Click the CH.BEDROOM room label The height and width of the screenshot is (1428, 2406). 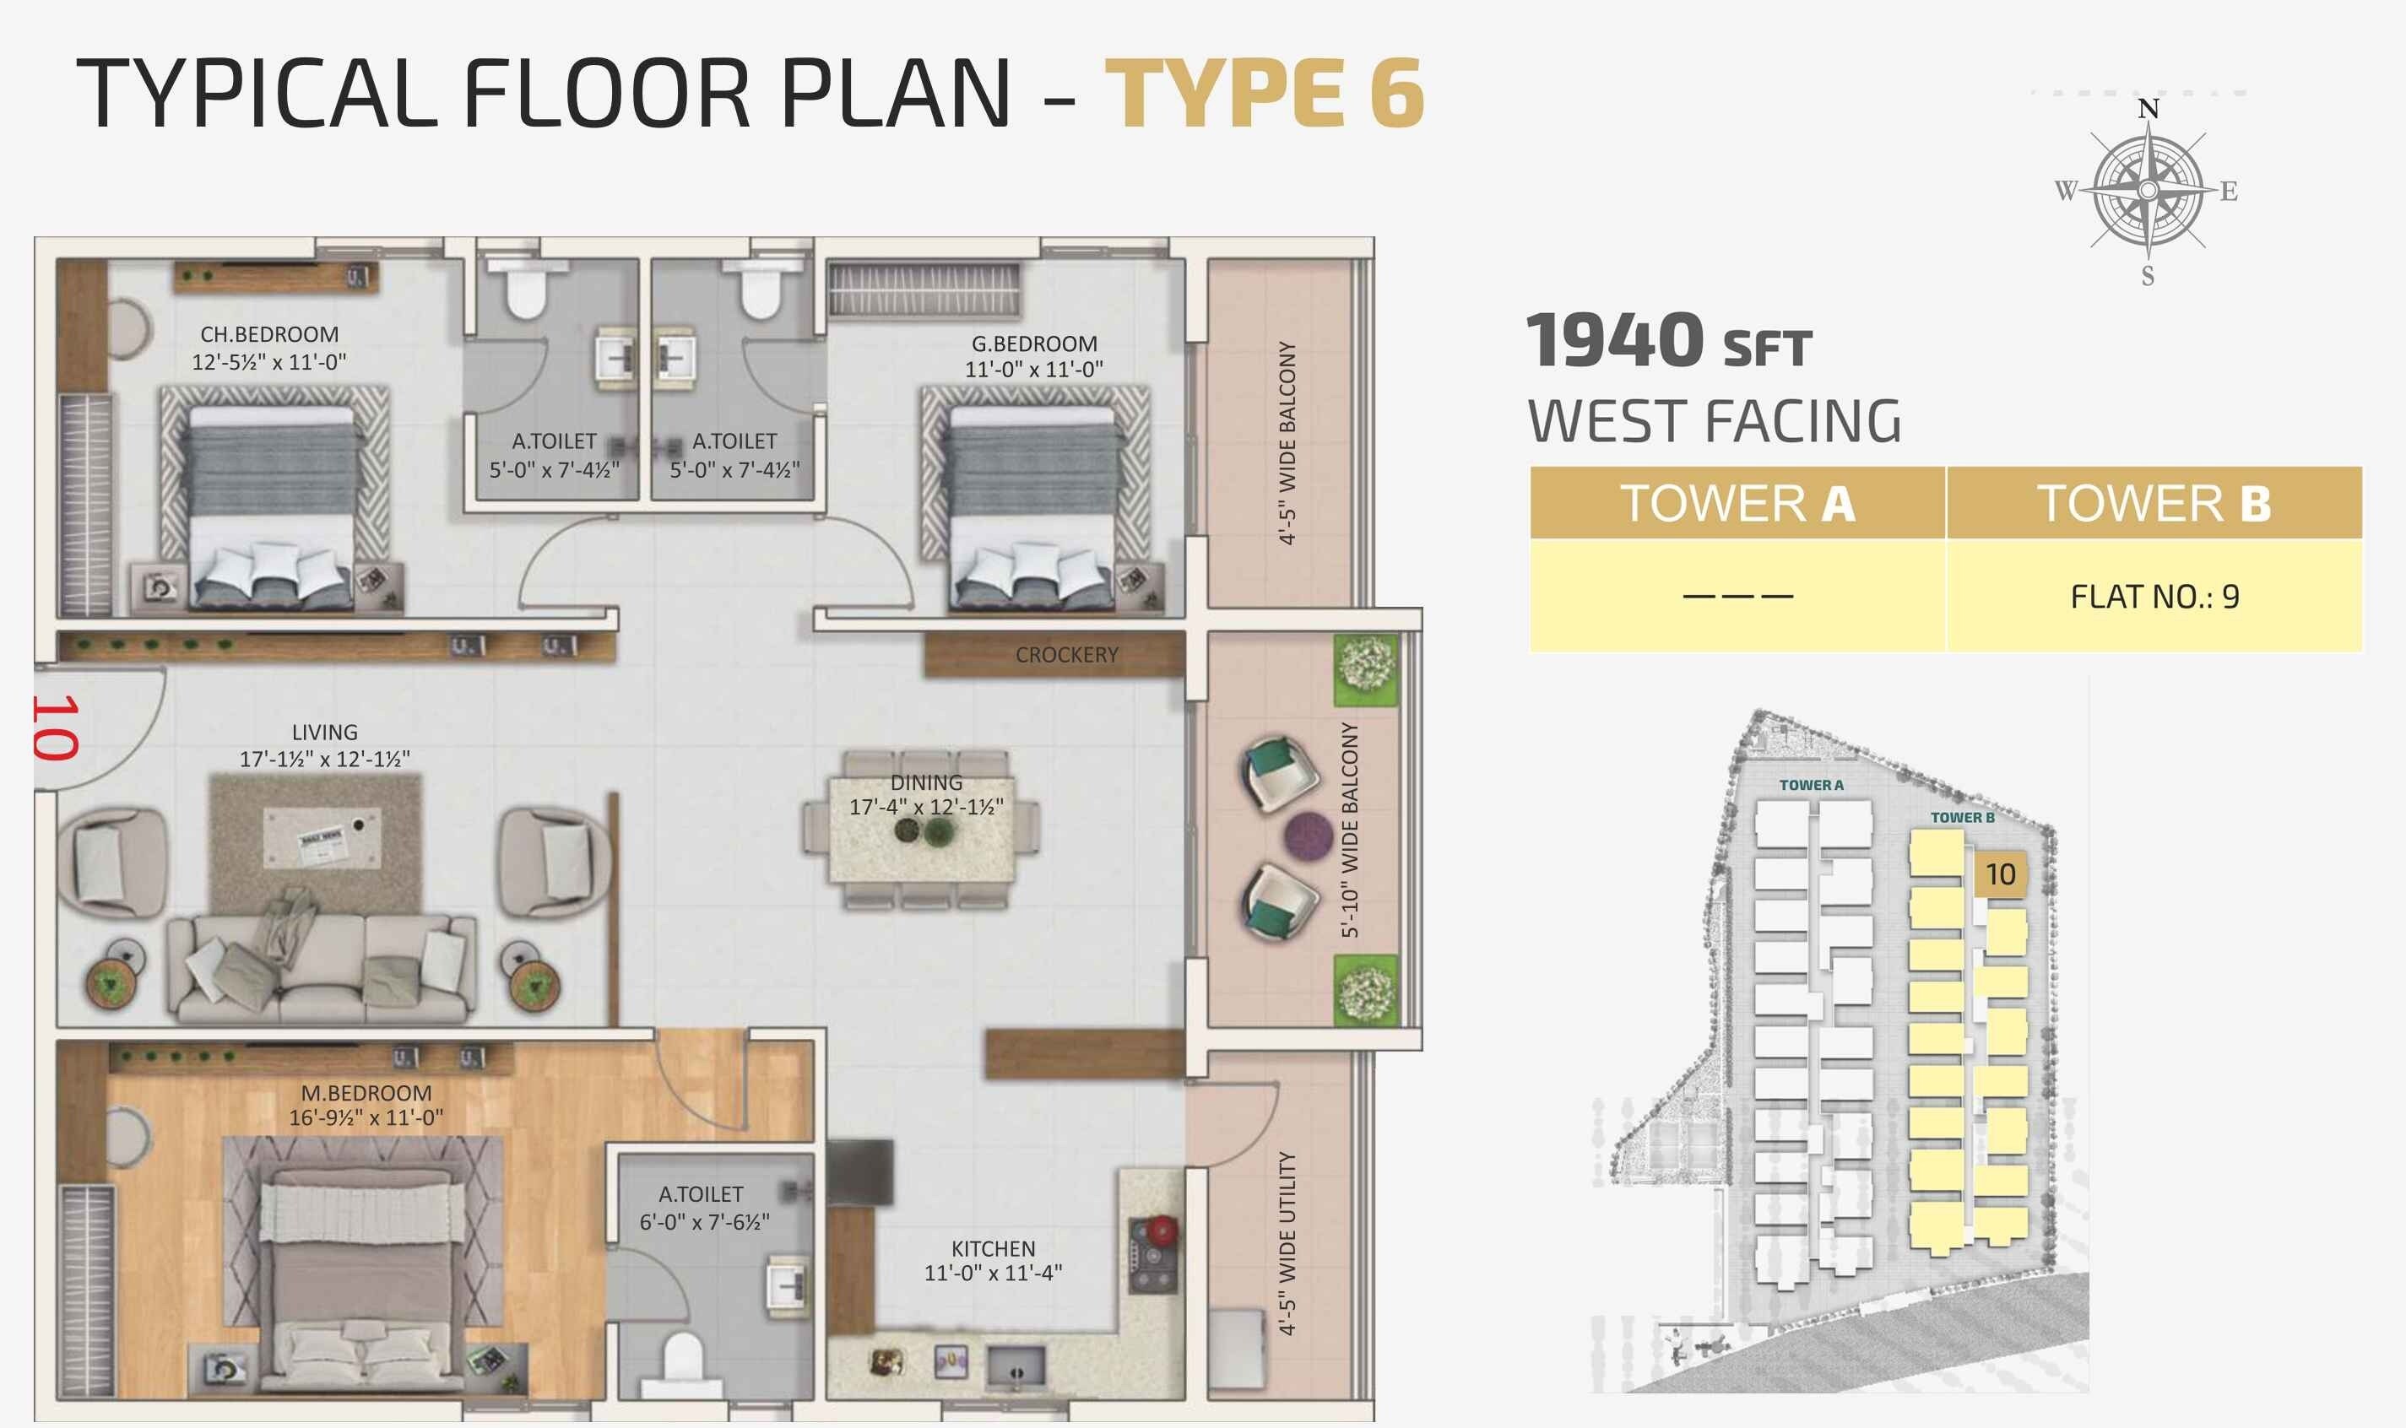(x=269, y=334)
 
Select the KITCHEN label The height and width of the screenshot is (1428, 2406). (x=993, y=1248)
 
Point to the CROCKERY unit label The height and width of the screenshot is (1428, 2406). (x=1066, y=654)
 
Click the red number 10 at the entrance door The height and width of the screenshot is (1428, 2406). (x=56, y=728)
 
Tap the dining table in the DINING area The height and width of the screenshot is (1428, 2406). (x=922, y=830)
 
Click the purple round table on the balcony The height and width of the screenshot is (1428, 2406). (x=1308, y=835)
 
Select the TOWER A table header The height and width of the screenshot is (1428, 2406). (x=1737, y=503)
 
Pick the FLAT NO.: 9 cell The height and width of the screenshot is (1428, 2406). (x=2154, y=597)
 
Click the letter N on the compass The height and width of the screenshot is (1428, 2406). (x=2148, y=109)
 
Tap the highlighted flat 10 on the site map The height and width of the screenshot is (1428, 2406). (x=2000, y=874)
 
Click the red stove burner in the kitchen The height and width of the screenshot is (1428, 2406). (x=1162, y=1229)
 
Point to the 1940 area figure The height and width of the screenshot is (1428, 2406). (x=1615, y=341)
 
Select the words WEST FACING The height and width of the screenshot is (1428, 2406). (x=1714, y=421)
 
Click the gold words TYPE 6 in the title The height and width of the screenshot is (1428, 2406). (x=1264, y=94)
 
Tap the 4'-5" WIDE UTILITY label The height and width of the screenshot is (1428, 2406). (x=1287, y=1242)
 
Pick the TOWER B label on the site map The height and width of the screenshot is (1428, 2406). (x=1961, y=817)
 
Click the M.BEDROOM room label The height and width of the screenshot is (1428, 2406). (x=366, y=1093)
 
